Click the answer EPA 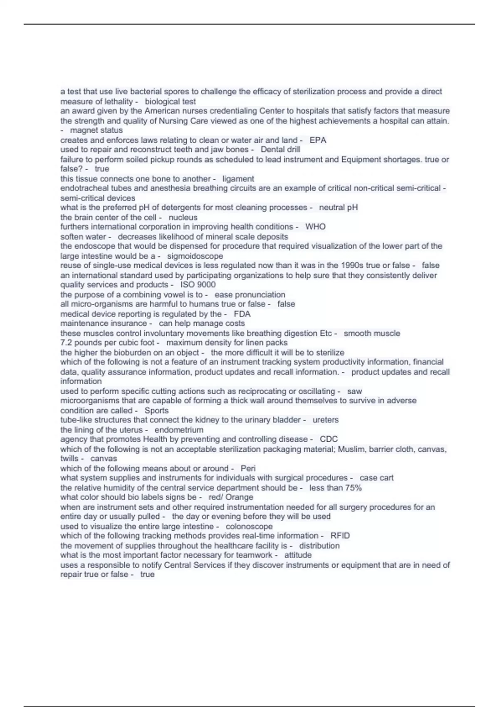[318, 140]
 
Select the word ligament [238, 179]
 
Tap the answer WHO [315, 227]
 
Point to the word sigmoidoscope [195, 256]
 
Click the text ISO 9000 [198, 285]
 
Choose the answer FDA [242, 314]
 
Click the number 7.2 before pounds [67, 343]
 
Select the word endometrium [179, 430]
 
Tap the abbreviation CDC [329, 439]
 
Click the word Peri [248, 468]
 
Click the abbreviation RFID [340, 536]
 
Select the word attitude [298, 555]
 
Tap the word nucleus [183, 218]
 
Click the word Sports [156, 410]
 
